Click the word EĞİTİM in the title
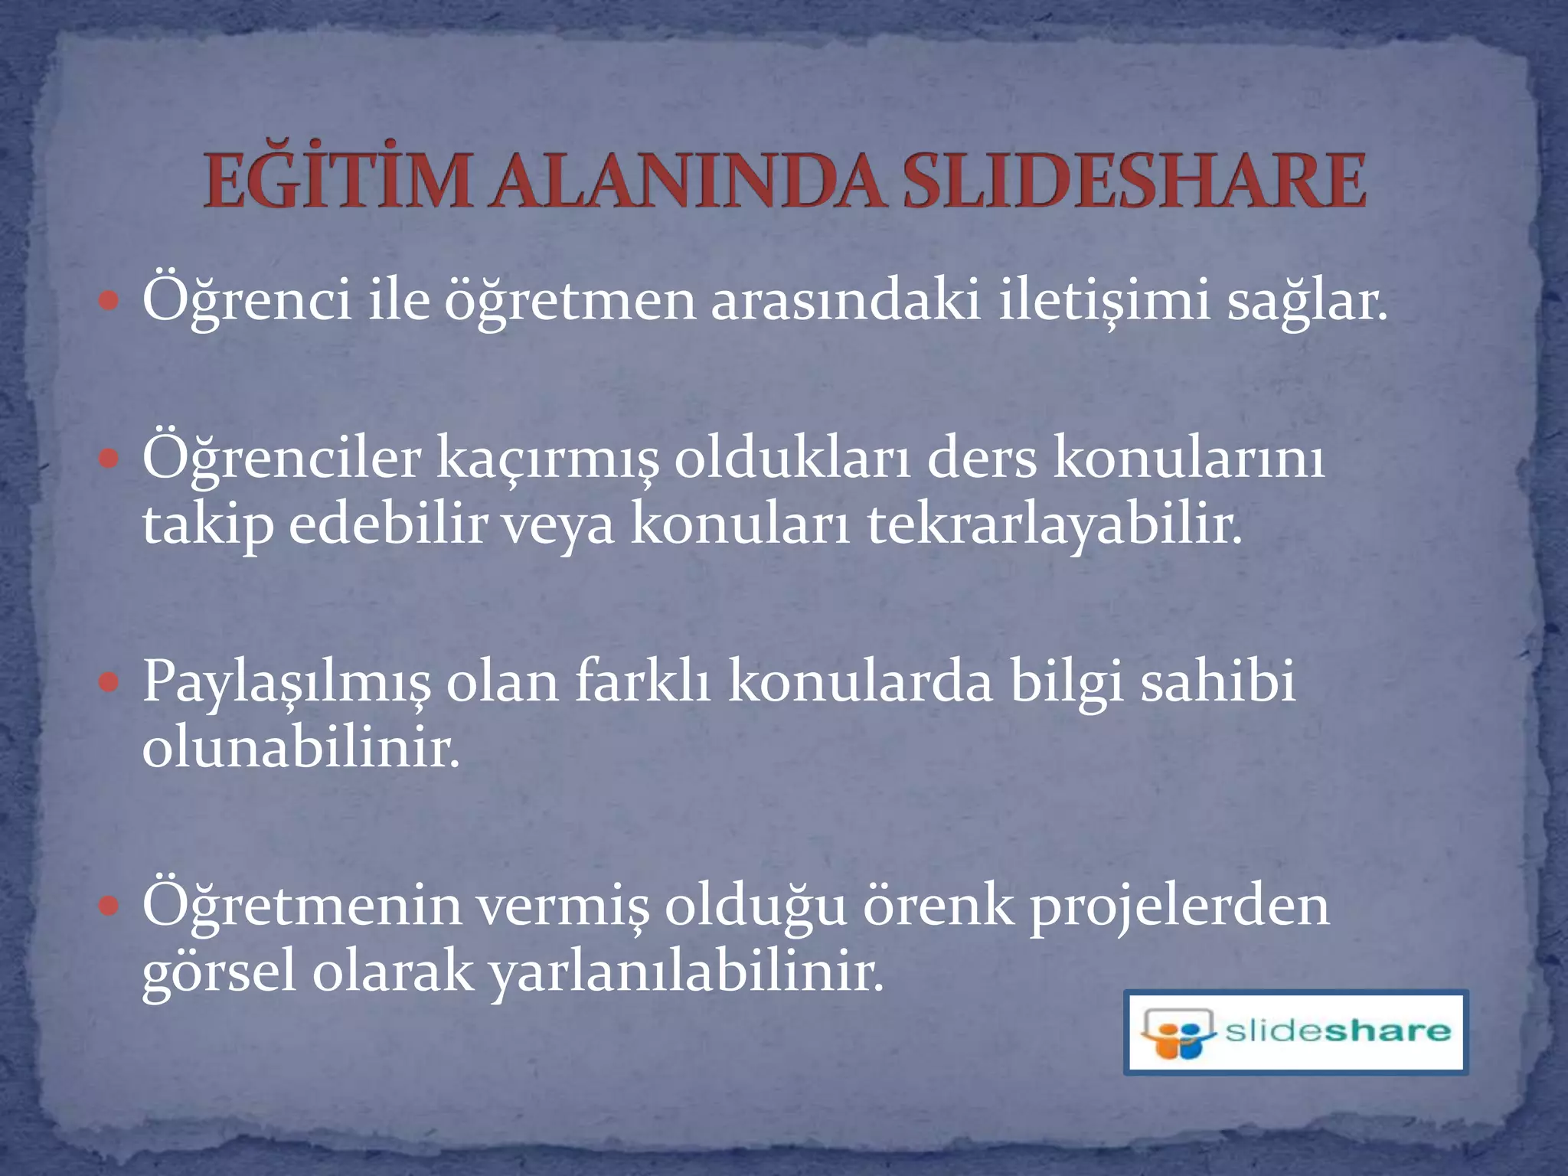(338, 181)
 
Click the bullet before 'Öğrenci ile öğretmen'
(109, 301)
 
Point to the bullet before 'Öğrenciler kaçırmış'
(109, 459)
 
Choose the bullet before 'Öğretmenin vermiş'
(109, 906)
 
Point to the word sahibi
(1217, 681)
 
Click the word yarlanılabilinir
(686, 973)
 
